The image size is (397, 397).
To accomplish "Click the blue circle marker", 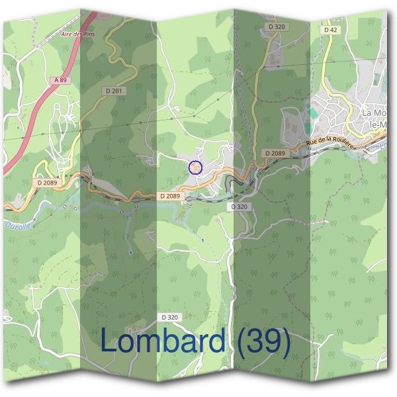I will (195, 168).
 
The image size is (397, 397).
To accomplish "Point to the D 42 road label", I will (330, 30).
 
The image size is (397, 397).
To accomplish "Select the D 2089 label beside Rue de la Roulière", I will (275, 154).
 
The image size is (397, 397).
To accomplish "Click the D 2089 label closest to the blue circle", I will (170, 196).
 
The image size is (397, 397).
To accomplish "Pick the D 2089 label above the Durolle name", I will (48, 183).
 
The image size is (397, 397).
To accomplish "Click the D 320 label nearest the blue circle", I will (240, 207).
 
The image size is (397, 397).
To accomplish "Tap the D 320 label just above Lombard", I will (169, 318).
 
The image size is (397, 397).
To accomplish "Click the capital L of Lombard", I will (109, 341).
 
